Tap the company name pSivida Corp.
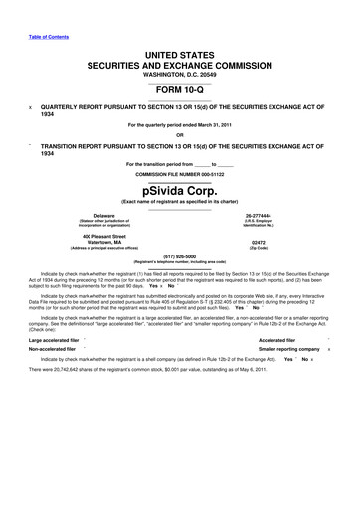coord(179,186)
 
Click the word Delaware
coord(103,214)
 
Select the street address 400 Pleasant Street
coord(104,235)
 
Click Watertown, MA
coord(104,242)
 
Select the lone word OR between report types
coord(179,134)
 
